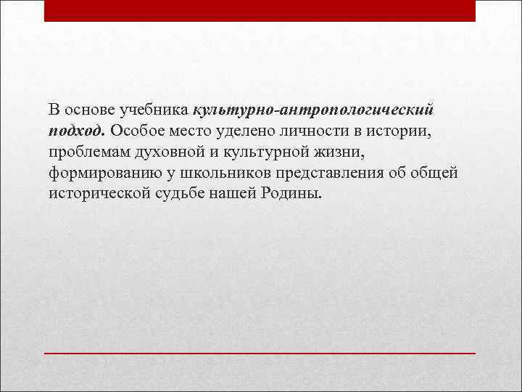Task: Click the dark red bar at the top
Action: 260,11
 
